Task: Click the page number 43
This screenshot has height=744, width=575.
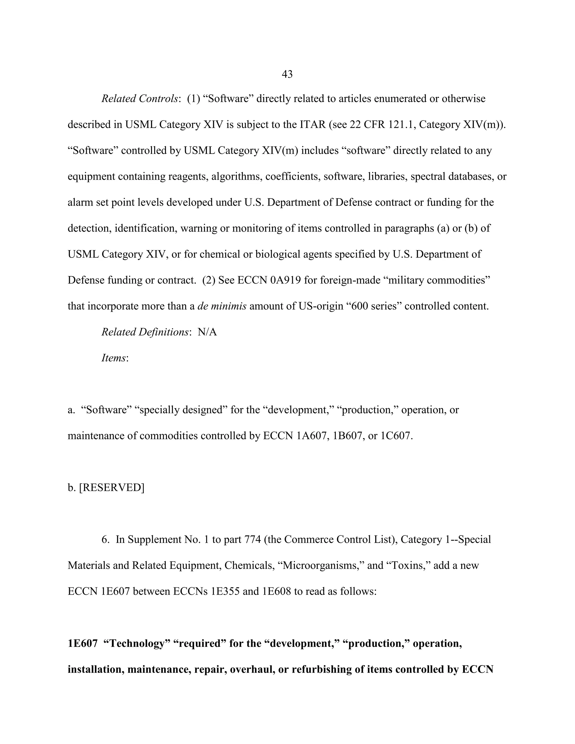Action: pyautogui.click(x=287, y=74)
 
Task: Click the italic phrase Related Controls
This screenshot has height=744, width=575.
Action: pyautogui.click(x=140, y=99)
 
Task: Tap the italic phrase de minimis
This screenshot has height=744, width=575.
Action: pyautogui.click(x=222, y=306)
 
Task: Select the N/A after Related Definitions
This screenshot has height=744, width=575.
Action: pyautogui.click(x=207, y=332)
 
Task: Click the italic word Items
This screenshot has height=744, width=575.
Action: pyautogui.click(x=114, y=358)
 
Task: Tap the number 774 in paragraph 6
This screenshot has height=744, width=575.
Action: pyautogui.click(x=252, y=539)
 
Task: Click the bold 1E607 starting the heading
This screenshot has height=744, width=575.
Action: pyautogui.click(x=83, y=643)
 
